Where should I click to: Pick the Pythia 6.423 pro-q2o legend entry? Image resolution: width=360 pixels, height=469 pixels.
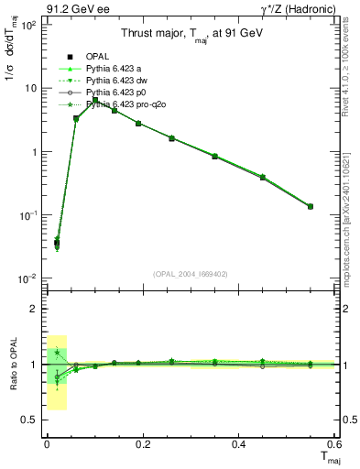127,104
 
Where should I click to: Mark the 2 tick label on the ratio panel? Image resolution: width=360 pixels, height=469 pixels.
33,310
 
